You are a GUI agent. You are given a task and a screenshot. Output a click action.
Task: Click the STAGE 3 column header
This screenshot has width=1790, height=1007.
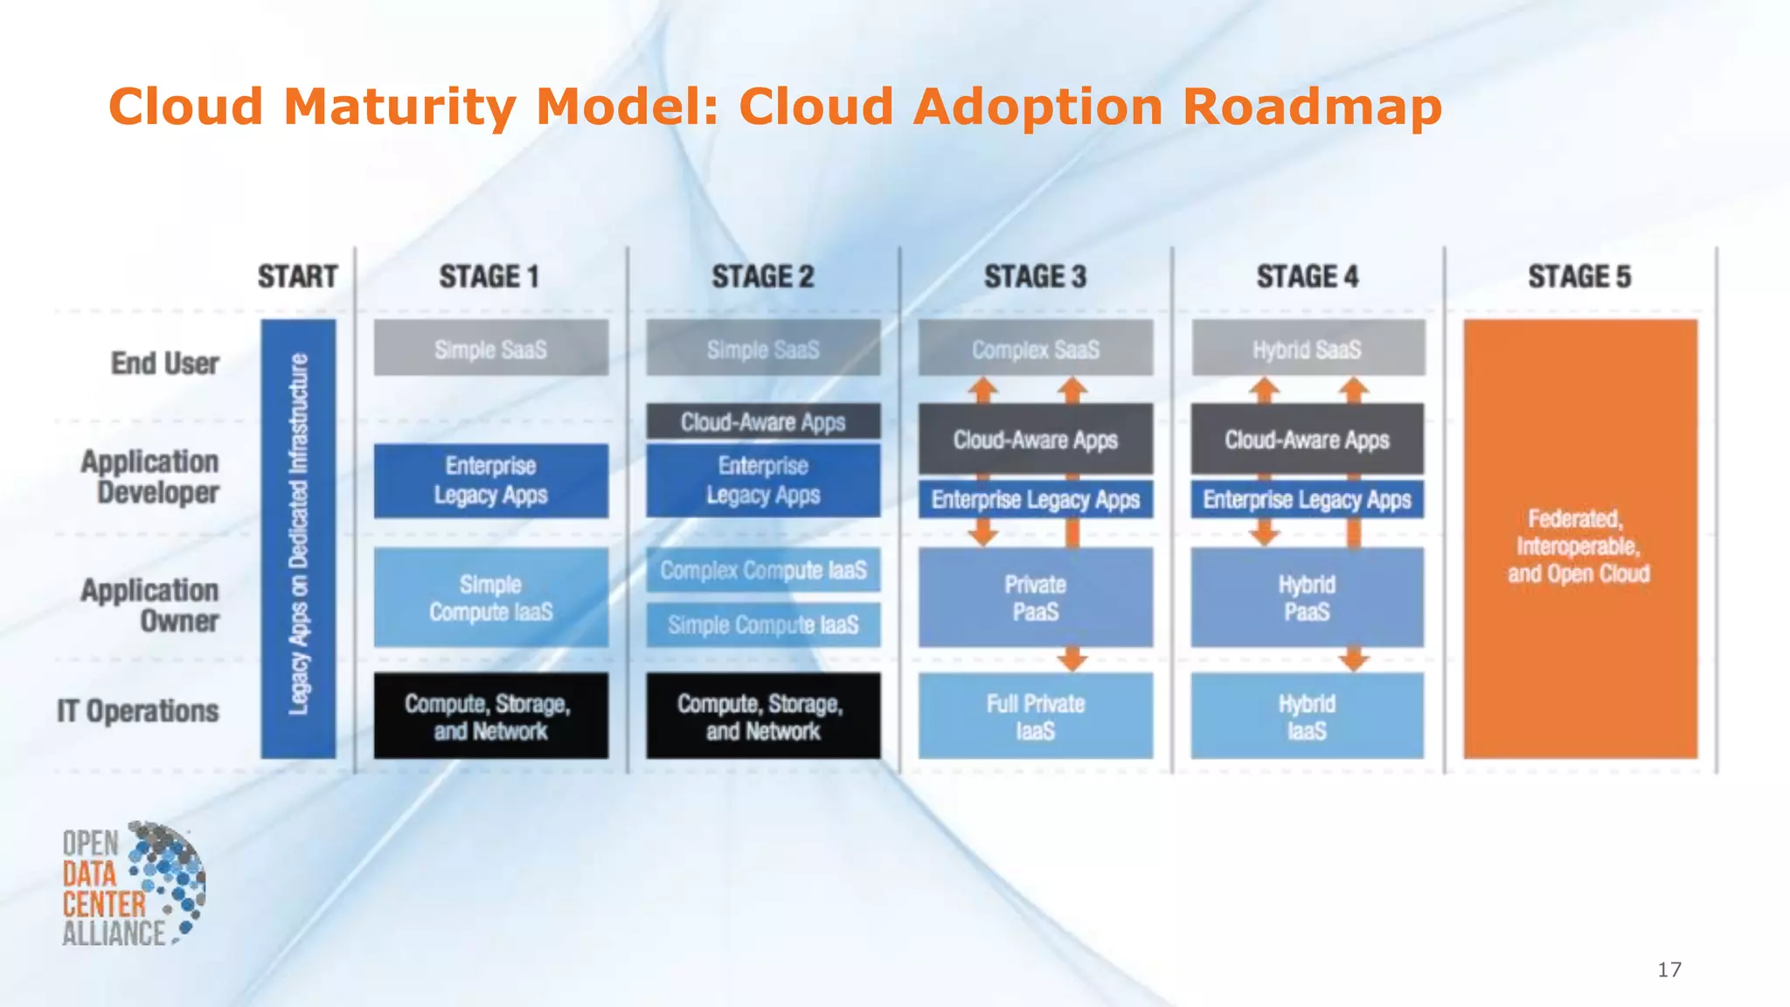pyautogui.click(x=1035, y=277)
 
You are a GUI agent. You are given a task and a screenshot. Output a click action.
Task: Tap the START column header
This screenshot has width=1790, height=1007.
pyautogui.click(x=297, y=277)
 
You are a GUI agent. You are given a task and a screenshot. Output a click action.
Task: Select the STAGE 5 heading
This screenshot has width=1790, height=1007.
pyautogui.click(x=1579, y=277)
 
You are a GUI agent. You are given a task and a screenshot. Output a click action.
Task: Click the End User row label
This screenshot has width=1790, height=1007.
pyautogui.click(x=164, y=363)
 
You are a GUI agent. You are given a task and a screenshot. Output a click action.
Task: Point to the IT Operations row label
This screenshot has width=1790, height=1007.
pyautogui.click(x=138, y=712)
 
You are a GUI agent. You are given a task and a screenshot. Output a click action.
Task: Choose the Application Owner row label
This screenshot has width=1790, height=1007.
pyautogui.click(x=150, y=605)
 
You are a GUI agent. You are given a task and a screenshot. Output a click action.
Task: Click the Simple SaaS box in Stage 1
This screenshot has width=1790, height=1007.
pyautogui.click(x=491, y=349)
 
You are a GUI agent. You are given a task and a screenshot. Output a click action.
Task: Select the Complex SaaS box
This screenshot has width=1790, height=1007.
pyautogui.click(x=1036, y=349)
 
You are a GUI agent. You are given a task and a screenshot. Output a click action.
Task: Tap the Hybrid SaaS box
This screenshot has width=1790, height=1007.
pyautogui.click(x=1308, y=349)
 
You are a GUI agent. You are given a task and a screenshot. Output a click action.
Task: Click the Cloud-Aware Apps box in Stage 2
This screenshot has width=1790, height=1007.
pyautogui.click(x=763, y=422)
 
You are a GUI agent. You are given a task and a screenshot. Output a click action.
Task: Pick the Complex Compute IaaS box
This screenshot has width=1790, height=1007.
pyautogui.click(x=763, y=570)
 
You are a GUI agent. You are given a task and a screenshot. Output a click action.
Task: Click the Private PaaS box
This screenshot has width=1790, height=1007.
pyautogui.click(x=1036, y=598)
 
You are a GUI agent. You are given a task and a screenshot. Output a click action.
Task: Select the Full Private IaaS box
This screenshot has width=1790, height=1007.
pyautogui.click(x=1036, y=716)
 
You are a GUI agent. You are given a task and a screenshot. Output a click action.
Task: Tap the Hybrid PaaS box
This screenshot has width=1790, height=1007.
pyautogui.click(x=1308, y=598)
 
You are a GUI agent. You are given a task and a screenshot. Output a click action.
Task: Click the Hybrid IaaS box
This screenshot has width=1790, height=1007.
pyautogui.click(x=1308, y=716)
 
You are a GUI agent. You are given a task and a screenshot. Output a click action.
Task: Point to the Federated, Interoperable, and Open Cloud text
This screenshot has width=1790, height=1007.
pyautogui.click(x=1579, y=546)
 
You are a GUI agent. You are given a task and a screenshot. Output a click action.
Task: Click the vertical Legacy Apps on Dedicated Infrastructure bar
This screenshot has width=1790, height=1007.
pyautogui.click(x=298, y=538)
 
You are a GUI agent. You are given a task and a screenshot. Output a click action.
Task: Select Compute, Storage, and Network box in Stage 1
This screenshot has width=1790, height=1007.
pyautogui.click(x=491, y=716)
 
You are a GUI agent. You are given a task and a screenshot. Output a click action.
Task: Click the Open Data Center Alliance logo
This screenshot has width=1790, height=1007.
pyautogui.click(x=133, y=884)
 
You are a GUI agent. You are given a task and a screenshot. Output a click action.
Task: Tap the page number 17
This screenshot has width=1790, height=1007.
pyautogui.click(x=1669, y=969)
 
